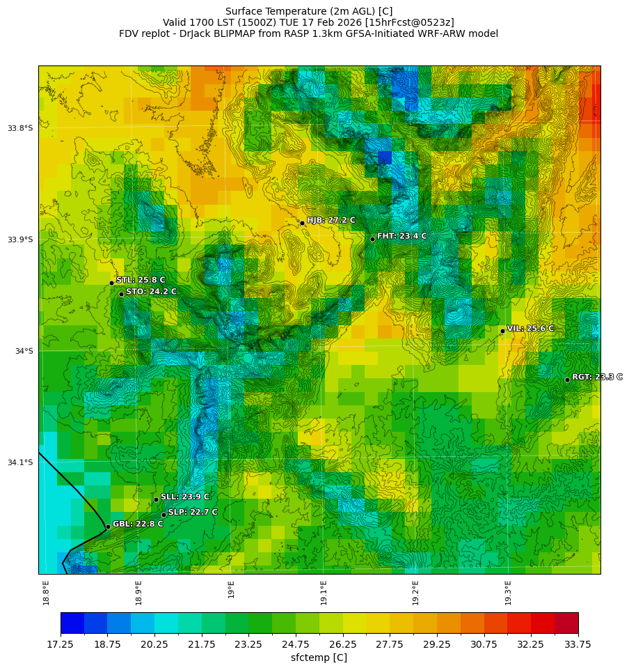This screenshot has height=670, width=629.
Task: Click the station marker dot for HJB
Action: point(302,223)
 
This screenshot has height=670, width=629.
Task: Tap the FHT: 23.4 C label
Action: point(401,236)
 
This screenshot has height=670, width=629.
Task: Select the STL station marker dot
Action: point(111,283)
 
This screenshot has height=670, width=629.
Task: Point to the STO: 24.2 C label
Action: point(151,292)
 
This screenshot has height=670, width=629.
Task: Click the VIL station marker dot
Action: point(502,331)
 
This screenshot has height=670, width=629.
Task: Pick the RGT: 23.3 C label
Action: point(597,377)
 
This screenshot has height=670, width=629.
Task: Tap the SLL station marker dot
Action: point(156,499)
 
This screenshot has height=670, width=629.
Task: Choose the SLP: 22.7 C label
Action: point(193,512)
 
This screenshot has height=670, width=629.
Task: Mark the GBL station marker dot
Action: point(108,527)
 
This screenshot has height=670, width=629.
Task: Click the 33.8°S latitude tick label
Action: point(20,128)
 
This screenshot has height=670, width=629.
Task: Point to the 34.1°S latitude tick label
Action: point(20,462)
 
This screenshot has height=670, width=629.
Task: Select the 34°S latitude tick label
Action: point(24,351)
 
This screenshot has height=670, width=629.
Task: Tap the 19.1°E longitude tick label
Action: point(324,593)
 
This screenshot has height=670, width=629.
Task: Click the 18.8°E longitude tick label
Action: point(46,593)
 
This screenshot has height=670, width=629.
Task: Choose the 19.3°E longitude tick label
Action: point(508,593)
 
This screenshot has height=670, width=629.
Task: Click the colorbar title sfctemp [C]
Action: point(319,657)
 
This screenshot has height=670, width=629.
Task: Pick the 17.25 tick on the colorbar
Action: point(61,644)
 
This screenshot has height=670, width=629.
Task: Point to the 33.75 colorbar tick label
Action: point(578,644)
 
